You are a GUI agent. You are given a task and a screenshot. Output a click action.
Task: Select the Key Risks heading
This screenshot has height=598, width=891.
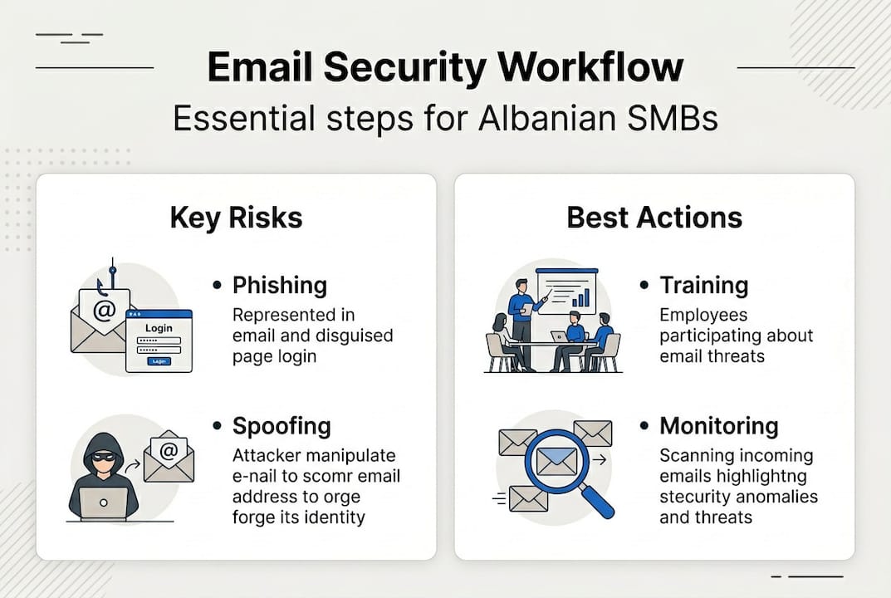pyautogui.click(x=236, y=218)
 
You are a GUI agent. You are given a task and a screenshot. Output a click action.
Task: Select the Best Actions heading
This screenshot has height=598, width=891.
pyautogui.click(x=654, y=218)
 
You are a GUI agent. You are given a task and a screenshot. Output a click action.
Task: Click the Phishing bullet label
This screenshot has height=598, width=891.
pyautogui.click(x=279, y=286)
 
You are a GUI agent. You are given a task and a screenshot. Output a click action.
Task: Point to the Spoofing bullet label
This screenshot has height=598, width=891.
pyautogui.click(x=281, y=426)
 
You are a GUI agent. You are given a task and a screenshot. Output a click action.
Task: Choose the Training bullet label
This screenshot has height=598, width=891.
pyautogui.click(x=703, y=286)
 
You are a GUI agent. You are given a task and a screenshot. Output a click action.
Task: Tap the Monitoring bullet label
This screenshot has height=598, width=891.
pyautogui.click(x=718, y=426)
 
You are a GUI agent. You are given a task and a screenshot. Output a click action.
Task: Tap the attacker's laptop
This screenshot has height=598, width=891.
pyautogui.click(x=104, y=502)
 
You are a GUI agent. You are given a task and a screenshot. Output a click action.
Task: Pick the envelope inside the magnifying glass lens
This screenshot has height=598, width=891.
pyautogui.click(x=556, y=459)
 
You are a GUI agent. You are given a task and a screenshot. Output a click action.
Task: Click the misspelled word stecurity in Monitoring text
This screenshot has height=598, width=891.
pyautogui.click(x=695, y=497)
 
